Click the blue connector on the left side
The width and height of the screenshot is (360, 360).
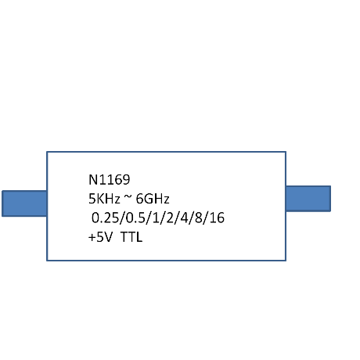[24, 203]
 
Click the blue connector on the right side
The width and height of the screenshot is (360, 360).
[308, 199]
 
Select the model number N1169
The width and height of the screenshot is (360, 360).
[109, 180]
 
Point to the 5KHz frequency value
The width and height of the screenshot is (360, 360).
[104, 199]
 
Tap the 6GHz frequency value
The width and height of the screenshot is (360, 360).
[153, 199]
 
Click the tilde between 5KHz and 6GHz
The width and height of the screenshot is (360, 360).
[128, 198]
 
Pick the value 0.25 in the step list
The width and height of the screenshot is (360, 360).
[106, 218]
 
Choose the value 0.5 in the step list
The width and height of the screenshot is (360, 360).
[135, 218]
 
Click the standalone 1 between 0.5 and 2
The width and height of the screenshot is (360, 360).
[156, 218]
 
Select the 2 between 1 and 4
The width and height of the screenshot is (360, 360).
[170, 218]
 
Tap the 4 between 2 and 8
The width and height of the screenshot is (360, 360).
[184, 218]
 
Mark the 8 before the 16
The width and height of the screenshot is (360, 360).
[199, 218]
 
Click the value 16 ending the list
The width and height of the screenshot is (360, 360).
[217, 218]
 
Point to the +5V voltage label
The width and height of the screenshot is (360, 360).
[100, 237]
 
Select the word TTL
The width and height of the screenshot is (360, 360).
[131, 237]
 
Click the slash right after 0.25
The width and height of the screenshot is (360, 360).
[123, 218]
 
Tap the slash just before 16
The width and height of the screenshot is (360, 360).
[206, 218]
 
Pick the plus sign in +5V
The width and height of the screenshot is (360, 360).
[92, 238]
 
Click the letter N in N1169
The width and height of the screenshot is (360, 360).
[93, 180]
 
